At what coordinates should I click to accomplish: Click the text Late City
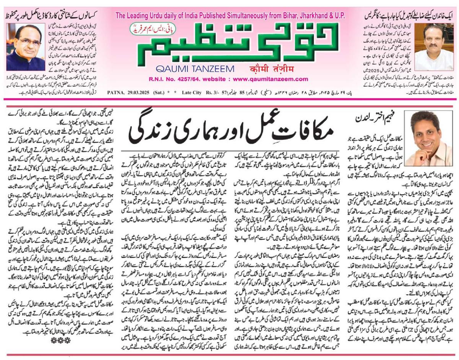(193, 92)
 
